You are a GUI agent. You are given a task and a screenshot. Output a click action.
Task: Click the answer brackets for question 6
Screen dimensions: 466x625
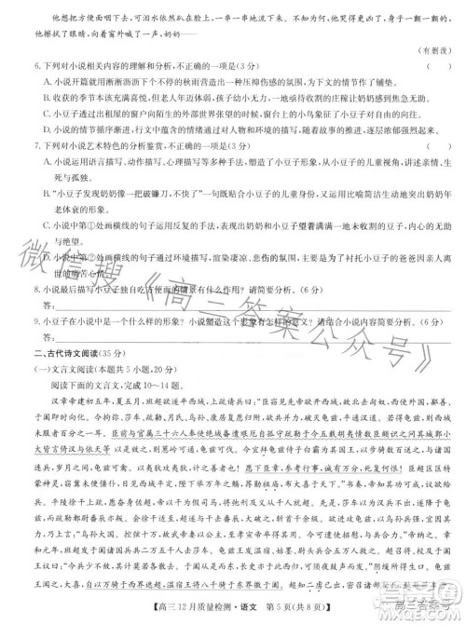[x=432, y=65]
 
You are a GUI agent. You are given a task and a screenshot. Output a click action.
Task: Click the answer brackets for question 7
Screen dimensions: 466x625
[x=432, y=146]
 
